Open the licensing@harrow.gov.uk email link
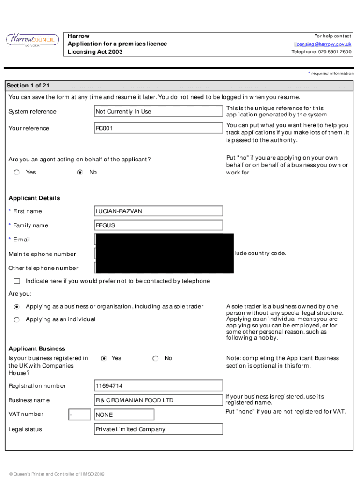[322, 44]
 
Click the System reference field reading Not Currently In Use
[158, 111]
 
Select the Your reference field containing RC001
[158, 128]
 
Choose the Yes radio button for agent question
[17, 172]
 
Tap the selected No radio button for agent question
[80, 172]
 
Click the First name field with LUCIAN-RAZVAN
[158, 211]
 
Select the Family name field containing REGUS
[158, 225]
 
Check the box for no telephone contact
[17, 281]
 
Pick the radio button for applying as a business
[17, 307]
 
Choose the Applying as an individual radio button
[17, 319]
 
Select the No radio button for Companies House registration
[155, 358]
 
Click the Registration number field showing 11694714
[158, 386]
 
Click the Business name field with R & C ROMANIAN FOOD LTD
[158, 400]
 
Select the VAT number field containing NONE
[124, 414]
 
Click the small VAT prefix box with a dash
[79, 414]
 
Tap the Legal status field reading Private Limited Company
[158, 429]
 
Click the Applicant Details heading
[34, 198]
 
